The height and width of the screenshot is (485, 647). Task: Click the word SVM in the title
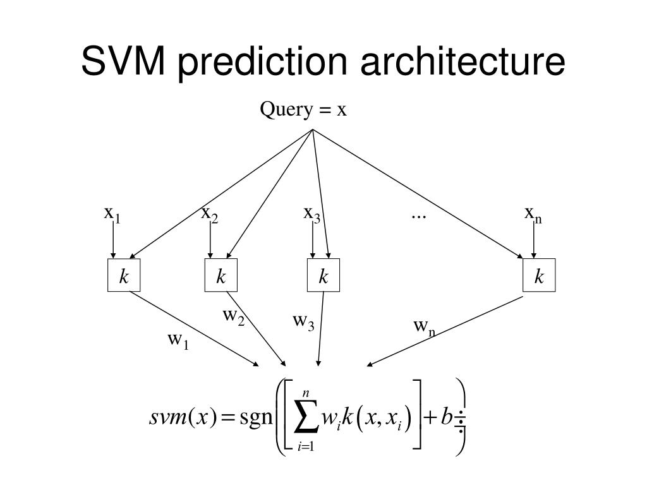tap(123, 62)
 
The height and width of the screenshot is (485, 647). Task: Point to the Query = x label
tap(304, 110)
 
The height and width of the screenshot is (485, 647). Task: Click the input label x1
tap(112, 215)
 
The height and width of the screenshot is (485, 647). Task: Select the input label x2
tap(209, 215)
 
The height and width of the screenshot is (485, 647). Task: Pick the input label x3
tap(311, 215)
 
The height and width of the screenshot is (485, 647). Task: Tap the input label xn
tap(533, 215)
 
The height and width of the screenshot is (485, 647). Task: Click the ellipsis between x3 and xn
tap(418, 215)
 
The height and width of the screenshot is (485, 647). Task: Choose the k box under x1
tap(124, 275)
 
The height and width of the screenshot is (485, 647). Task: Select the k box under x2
tap(221, 275)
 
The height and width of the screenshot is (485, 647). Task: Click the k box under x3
tap(323, 275)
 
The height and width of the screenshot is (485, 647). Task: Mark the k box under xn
tap(539, 275)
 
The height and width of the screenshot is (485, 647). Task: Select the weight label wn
tap(424, 326)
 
